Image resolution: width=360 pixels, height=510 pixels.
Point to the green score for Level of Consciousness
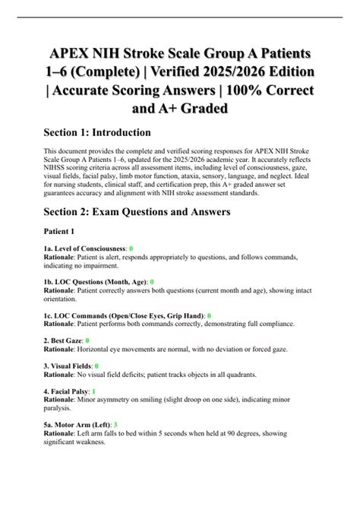pyautogui.click(x=131, y=249)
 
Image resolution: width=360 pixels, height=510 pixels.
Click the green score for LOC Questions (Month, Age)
pyautogui.click(x=152, y=281)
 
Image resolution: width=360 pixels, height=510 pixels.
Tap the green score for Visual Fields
pyautogui.click(x=98, y=366)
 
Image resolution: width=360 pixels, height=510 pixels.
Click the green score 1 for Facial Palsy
pyautogui.click(x=93, y=392)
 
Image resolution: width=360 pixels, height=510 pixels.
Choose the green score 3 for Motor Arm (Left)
pyautogui.click(x=115, y=425)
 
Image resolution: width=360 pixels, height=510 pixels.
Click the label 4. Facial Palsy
pyautogui.click(x=66, y=392)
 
